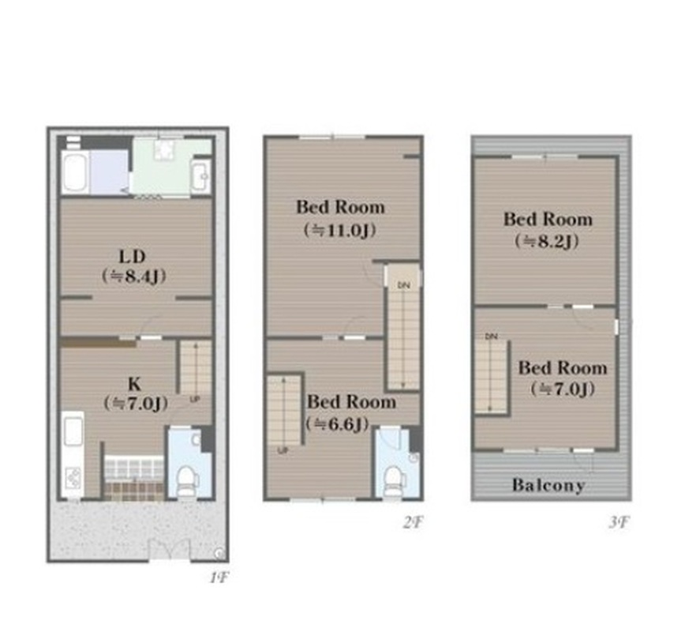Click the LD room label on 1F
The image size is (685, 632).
[133, 256]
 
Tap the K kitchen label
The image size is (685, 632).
[134, 384]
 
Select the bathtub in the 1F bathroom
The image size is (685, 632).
[75, 172]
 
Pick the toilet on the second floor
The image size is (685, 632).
[394, 481]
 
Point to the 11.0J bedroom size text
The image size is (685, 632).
[340, 230]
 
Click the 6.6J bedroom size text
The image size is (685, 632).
[337, 423]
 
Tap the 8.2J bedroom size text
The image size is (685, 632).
[547, 241]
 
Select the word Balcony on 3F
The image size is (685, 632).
[548, 485]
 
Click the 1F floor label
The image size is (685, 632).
[219, 578]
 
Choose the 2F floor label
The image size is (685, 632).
[413, 521]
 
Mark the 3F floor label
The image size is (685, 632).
[619, 521]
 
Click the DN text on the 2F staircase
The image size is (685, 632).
[403, 285]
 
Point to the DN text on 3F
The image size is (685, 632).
[491, 337]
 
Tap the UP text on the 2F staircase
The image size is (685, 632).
[283, 450]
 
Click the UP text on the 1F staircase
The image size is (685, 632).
[195, 399]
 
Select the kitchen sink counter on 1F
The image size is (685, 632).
[73, 454]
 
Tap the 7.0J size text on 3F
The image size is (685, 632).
[563, 389]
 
